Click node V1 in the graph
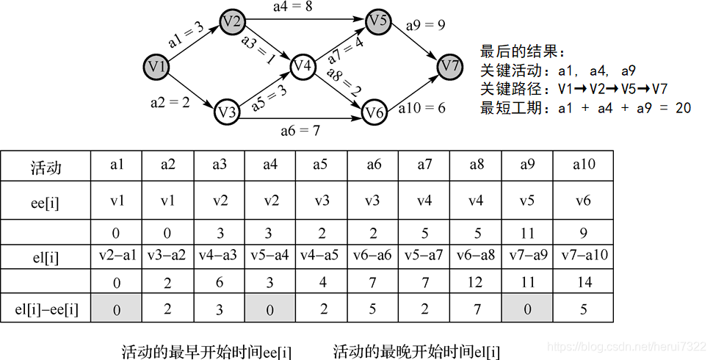click(x=156, y=68)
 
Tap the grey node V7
click(x=451, y=67)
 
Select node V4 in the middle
click(x=303, y=67)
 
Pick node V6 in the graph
click(x=374, y=112)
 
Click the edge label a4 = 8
click(x=291, y=7)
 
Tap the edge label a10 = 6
click(x=421, y=108)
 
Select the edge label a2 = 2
click(x=170, y=103)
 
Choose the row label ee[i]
click(x=46, y=201)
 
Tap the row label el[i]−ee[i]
click(x=46, y=308)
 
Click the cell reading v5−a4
click(x=269, y=255)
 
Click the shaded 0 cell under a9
click(x=527, y=309)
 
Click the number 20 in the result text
click(x=683, y=108)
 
